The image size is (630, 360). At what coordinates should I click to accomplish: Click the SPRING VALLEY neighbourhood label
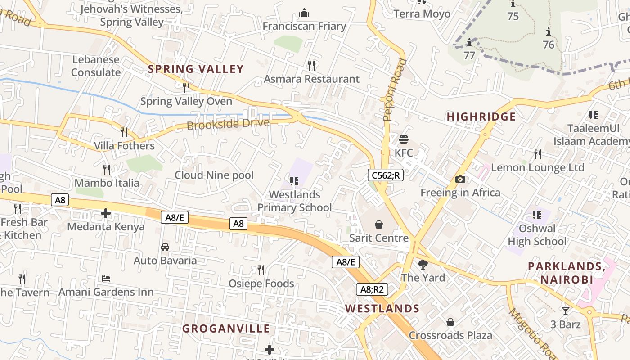tap(196, 69)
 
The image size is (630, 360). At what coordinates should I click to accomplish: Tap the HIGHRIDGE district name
tap(481, 117)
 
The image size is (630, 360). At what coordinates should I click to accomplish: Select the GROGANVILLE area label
tap(226, 329)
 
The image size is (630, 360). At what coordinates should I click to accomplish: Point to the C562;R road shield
tap(385, 175)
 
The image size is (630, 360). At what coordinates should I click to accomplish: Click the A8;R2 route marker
tap(372, 289)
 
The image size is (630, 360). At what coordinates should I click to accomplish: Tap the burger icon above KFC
tap(403, 139)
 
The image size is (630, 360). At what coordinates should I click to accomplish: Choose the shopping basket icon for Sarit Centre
tap(379, 224)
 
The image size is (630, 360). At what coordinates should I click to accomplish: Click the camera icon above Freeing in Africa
tap(460, 179)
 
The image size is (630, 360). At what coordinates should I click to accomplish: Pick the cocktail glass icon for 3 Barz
tap(565, 310)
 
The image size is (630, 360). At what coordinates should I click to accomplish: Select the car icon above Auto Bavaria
tap(165, 247)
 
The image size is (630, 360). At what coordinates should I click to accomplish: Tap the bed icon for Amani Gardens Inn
tap(106, 279)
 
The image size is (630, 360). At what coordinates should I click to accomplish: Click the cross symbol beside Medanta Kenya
tap(106, 213)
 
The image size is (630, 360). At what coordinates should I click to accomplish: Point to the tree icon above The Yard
tap(423, 264)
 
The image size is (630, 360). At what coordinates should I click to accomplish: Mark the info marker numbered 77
tap(469, 43)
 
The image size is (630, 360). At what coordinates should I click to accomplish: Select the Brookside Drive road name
tap(228, 124)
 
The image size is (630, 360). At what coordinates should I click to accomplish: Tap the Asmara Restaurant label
tap(312, 79)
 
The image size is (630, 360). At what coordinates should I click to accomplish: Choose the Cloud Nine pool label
tap(214, 175)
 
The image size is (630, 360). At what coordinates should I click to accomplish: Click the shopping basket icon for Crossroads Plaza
tap(450, 322)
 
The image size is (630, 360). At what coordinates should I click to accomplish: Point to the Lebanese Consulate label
tap(96, 66)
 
